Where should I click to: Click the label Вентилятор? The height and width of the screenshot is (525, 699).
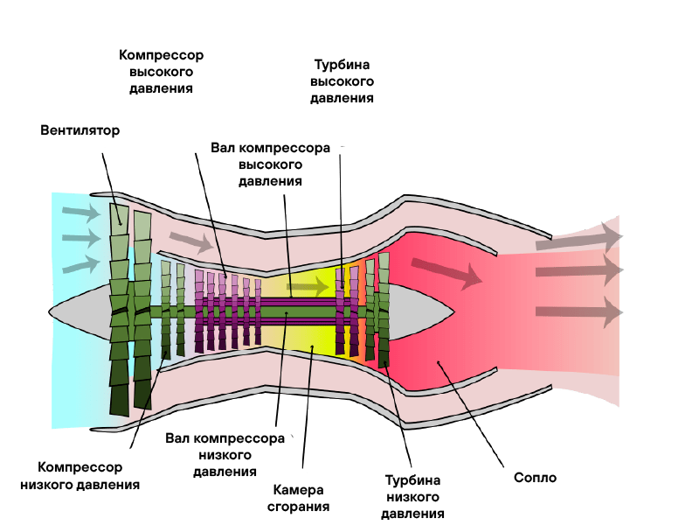tap(80, 130)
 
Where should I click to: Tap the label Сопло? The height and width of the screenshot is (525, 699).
tap(535, 477)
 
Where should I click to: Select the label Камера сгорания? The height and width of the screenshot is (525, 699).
tap(298, 498)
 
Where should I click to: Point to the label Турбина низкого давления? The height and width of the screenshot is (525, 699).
tap(412, 496)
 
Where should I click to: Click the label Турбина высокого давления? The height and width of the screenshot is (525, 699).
tap(342, 81)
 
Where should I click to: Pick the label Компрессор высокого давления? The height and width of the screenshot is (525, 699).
tap(161, 72)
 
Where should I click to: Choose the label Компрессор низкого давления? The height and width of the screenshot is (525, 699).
tap(80, 476)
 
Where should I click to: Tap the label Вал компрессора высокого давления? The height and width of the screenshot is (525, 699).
tap(271, 164)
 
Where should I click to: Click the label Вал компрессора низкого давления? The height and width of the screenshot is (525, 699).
tap(225, 455)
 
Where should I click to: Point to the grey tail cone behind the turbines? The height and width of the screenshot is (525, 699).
tap(419, 311)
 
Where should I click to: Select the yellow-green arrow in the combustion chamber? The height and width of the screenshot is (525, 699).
tap(308, 286)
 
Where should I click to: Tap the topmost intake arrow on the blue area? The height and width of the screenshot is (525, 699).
tap(81, 213)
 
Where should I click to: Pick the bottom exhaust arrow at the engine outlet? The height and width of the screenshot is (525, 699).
tap(578, 312)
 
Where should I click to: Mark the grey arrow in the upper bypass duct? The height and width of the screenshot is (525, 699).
tap(191, 242)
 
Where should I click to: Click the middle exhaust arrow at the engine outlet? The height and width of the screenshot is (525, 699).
tap(578, 270)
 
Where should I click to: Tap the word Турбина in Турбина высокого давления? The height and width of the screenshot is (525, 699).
tap(342, 65)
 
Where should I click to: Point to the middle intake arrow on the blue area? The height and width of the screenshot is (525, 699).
tap(81, 238)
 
